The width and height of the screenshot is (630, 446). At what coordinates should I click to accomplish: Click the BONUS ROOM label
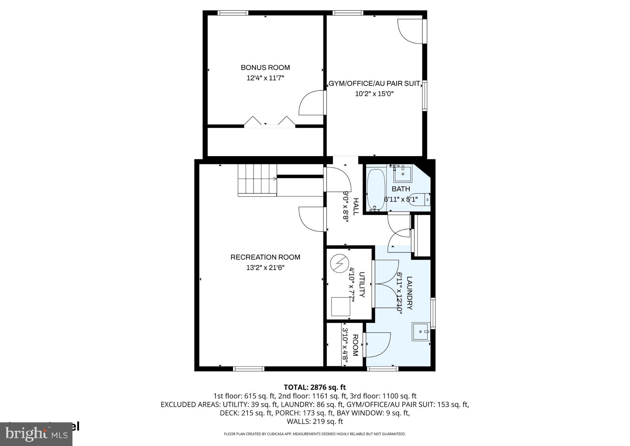[265, 67]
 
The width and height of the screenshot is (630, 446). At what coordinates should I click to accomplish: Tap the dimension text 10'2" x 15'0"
[374, 94]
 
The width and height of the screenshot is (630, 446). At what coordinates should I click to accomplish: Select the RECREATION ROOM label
[265, 257]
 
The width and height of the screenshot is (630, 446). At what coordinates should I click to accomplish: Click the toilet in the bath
[421, 199]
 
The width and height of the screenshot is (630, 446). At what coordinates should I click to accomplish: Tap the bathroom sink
[403, 173]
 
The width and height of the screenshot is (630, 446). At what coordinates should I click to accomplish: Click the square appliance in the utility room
[341, 307]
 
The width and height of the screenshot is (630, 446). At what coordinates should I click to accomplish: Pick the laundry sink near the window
[420, 332]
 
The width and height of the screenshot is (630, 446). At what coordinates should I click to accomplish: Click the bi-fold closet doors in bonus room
[270, 122]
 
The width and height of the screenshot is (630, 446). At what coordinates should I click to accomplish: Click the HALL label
[356, 207]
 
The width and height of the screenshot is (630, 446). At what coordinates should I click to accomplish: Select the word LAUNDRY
[409, 293]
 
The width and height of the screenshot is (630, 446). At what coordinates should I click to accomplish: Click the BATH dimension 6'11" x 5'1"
[401, 199]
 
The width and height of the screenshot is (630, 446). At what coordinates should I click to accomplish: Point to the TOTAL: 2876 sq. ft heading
[315, 387]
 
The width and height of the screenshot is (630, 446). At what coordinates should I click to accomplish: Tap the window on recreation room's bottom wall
[249, 368]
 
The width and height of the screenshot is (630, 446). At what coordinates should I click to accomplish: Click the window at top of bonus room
[233, 13]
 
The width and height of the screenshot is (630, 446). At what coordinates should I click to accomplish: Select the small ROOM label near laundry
[355, 345]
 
